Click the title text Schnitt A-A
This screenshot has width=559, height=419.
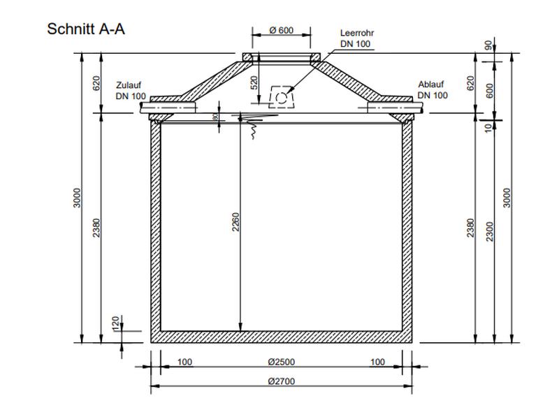point(86,29)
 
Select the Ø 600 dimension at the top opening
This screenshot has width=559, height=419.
point(281,30)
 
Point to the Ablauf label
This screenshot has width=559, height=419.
point(430,85)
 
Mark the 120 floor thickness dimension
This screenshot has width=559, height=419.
point(116,323)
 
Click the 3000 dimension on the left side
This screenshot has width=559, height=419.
point(78,197)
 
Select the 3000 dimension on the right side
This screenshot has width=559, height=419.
point(507,197)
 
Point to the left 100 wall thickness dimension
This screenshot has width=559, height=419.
point(184,362)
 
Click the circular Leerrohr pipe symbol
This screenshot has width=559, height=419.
point(281,97)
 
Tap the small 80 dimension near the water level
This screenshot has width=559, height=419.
point(215,117)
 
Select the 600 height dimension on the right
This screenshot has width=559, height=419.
point(490,90)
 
